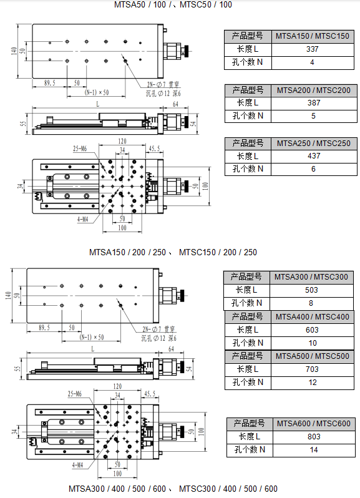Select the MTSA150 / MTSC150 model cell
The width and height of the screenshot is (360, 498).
(x=313, y=36)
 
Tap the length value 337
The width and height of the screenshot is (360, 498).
(x=313, y=49)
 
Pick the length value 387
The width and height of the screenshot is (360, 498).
(x=313, y=102)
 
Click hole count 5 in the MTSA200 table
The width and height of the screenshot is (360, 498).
(x=313, y=115)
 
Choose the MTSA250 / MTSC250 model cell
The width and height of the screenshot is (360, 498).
(x=313, y=143)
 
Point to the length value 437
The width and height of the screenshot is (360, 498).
(x=313, y=156)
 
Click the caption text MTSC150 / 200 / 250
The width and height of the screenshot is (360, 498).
(x=218, y=253)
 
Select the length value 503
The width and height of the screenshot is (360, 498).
(x=312, y=290)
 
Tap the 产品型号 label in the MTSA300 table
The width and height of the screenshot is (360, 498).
(x=248, y=277)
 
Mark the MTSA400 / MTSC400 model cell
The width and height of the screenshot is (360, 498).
(x=312, y=316)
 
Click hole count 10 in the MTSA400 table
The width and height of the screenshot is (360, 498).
(x=312, y=343)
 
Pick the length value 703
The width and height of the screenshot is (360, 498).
(x=312, y=369)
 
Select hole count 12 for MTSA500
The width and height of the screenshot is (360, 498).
(x=312, y=383)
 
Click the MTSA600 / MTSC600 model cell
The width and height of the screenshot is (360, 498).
(x=314, y=424)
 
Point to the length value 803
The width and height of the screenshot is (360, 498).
(x=314, y=437)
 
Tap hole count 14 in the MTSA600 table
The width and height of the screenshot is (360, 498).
(x=314, y=450)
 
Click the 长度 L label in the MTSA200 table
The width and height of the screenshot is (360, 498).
(x=248, y=102)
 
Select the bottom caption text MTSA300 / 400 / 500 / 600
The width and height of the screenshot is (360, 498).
(x=117, y=489)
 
